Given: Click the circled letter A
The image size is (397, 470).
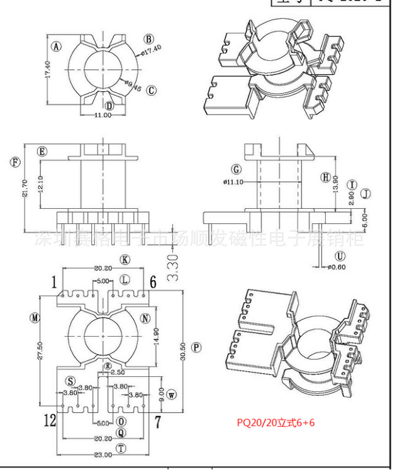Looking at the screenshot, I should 57,47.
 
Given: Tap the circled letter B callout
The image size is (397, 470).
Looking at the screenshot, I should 149,39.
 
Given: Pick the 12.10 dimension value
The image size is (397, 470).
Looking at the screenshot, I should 42,185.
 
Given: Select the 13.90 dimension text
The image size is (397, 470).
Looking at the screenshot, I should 335,183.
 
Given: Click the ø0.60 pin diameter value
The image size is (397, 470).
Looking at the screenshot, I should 338,267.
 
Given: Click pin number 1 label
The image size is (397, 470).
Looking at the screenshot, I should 55,281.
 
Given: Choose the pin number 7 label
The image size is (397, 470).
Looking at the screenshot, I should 157,420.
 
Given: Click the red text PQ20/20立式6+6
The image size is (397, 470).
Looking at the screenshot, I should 276,422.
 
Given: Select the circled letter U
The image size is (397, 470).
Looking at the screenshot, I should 340,256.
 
